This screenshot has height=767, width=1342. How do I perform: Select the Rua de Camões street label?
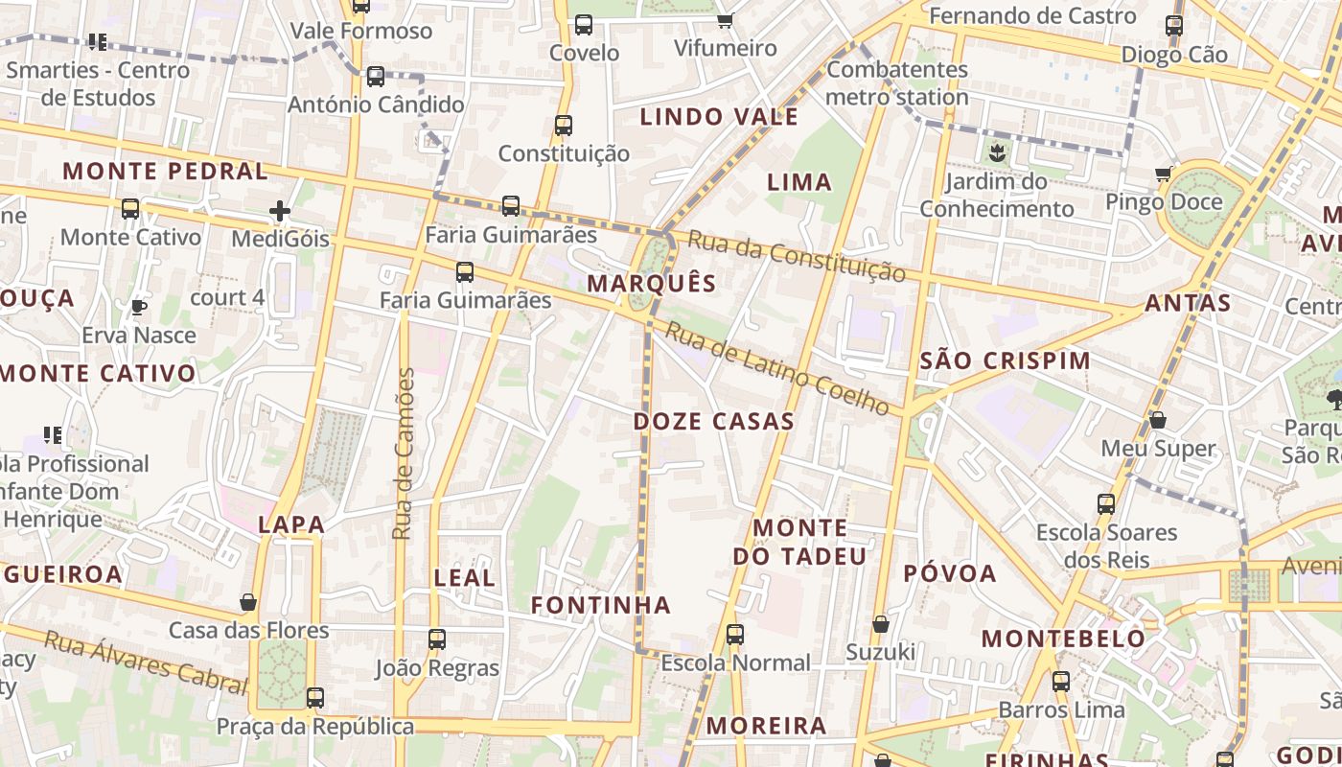[x=404, y=453]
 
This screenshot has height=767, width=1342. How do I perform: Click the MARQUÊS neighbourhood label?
[x=652, y=283]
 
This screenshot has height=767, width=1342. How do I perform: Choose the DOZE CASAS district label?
[x=714, y=421]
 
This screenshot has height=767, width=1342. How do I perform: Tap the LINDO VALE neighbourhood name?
[x=719, y=117]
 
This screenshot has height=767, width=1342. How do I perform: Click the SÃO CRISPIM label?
[x=1005, y=360]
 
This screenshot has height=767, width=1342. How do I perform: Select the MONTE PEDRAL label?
[x=165, y=172]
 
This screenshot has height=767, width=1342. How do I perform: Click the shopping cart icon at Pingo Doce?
[x=1164, y=174]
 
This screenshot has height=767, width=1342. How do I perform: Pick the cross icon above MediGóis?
[x=280, y=211]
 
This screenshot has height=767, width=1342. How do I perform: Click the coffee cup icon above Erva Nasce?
[x=139, y=307]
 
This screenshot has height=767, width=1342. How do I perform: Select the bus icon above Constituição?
[x=564, y=126]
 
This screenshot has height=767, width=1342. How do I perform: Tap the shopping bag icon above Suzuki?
[x=881, y=625]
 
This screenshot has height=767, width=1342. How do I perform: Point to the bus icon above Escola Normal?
[x=735, y=635]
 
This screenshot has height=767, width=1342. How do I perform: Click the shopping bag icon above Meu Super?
[x=1158, y=420]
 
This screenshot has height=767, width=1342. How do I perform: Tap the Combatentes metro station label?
[x=897, y=83]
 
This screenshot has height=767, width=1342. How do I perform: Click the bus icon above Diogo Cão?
[x=1174, y=26]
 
